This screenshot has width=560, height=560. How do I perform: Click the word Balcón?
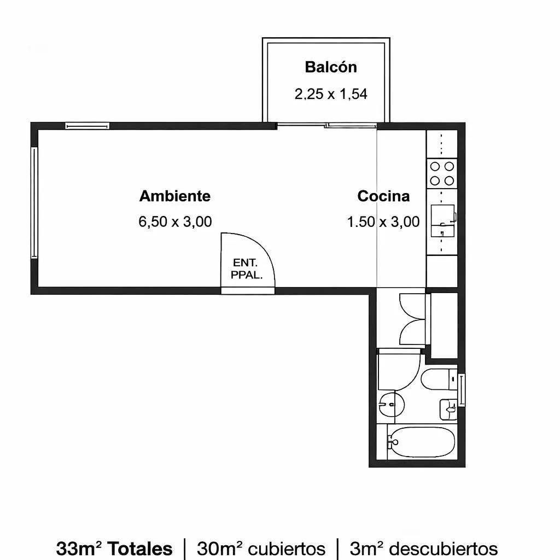pyautogui.click(x=331, y=67)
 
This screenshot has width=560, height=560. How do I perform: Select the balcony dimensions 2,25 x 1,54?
pyautogui.click(x=331, y=94)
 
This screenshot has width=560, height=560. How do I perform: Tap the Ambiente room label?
pyautogui.click(x=175, y=196)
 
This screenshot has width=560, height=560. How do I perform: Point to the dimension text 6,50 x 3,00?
pyautogui.click(x=175, y=222)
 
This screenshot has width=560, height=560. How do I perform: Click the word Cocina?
pyautogui.click(x=383, y=196)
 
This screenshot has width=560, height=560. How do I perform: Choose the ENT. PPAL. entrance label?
pyautogui.click(x=247, y=269)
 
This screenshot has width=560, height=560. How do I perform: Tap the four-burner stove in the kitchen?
pyautogui.click(x=442, y=173)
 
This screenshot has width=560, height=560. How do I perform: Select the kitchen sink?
pyautogui.click(x=443, y=221)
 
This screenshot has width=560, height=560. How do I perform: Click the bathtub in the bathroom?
pyautogui.click(x=421, y=442)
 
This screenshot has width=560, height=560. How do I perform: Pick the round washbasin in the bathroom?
pyautogui.click(x=392, y=404)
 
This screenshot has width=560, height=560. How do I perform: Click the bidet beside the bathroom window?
pyautogui.click(x=448, y=410)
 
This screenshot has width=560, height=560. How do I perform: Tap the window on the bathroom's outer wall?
pyautogui.click(x=462, y=389)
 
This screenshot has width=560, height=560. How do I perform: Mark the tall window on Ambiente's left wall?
pyautogui.click(x=34, y=202)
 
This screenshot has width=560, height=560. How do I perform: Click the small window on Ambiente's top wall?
pyautogui.click(x=87, y=126)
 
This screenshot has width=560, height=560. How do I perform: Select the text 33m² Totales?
pyautogui.click(x=114, y=548)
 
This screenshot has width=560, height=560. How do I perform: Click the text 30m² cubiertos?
pyautogui.click(x=261, y=548)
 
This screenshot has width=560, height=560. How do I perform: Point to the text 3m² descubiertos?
pyautogui.click(x=424, y=548)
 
